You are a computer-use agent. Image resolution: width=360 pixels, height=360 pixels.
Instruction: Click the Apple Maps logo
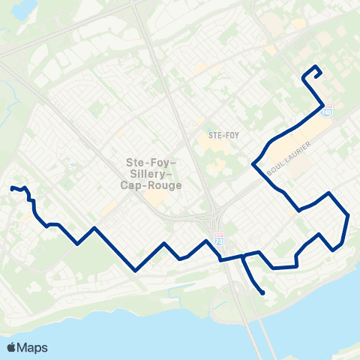click(26, 347)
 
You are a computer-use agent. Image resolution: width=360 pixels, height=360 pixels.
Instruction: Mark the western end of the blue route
click(11, 187)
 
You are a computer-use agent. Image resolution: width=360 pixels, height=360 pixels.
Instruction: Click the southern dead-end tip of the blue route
click(262, 292)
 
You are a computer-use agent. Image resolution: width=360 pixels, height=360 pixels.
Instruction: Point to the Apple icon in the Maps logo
click(11, 346)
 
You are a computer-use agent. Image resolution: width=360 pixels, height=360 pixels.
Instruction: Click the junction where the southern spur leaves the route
click(242, 256)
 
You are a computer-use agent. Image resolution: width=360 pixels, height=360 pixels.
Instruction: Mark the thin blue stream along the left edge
click(9, 105)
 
